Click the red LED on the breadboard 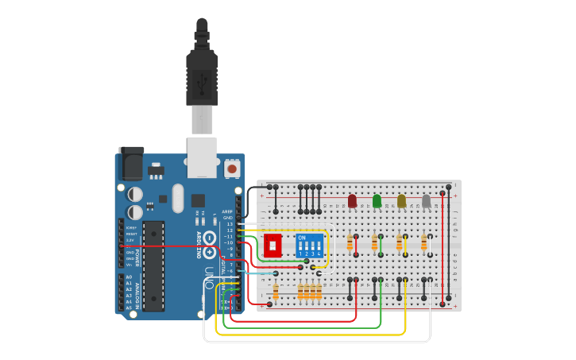pos(352,201)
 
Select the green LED pos(377,201)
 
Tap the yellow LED pos(401,201)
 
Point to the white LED pos(426,201)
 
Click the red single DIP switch pos(273,245)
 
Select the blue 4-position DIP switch pos(310,245)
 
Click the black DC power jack pos(130,165)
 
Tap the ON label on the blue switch pos(302,237)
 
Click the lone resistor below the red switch pos(275,292)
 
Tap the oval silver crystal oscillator pos(177,198)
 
